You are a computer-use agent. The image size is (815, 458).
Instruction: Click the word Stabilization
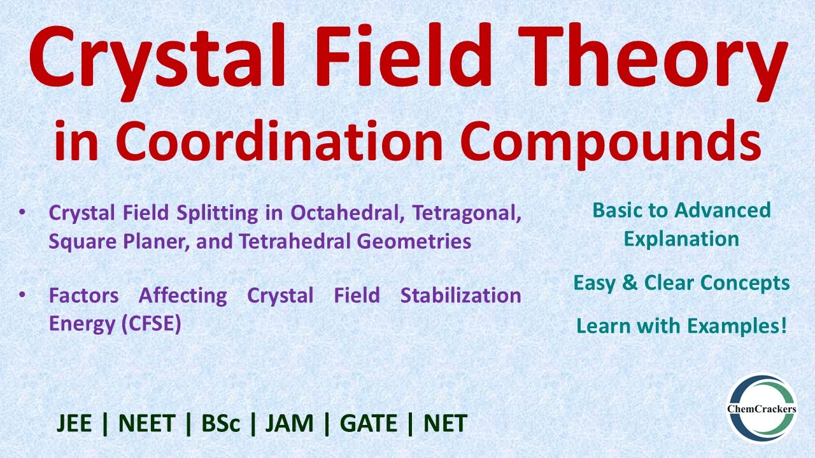point(460,296)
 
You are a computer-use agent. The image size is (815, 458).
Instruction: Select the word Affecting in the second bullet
point(183,296)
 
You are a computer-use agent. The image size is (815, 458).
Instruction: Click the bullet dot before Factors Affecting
point(23,296)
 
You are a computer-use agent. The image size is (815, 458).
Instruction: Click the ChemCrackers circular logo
point(762,408)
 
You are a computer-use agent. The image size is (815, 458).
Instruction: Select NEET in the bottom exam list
point(146,424)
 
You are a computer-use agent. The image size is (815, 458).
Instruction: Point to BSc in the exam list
point(221,424)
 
